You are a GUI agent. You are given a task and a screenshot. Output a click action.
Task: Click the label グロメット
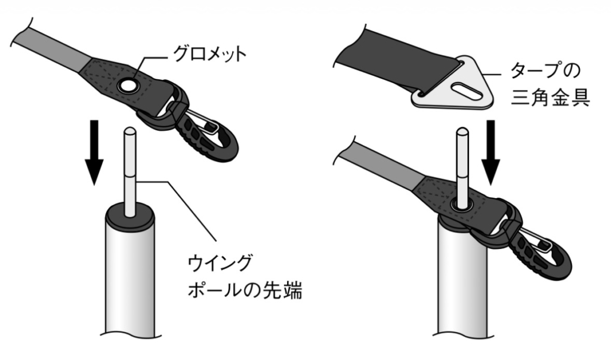209,54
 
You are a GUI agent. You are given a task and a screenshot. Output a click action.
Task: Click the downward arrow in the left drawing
94,152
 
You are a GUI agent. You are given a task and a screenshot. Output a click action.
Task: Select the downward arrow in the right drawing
491,152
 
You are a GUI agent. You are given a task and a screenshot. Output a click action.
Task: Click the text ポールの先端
245,290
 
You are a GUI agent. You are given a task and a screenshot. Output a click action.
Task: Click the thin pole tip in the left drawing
129,171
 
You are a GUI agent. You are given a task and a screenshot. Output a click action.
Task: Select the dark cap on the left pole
129,219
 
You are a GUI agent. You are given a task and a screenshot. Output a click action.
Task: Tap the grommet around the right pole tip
463,204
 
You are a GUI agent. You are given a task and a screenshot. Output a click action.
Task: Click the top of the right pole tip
463,130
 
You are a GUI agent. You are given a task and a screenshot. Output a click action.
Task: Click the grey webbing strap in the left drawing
54,49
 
